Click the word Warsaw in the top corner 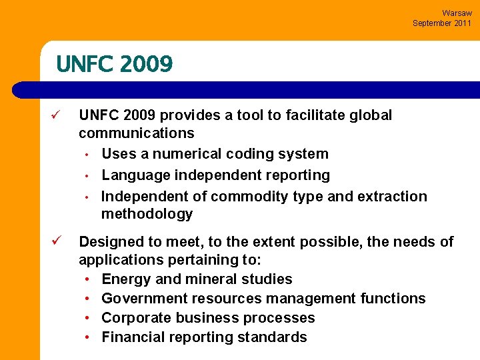point(457,13)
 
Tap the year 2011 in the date point(461,23)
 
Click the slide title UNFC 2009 point(115,64)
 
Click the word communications point(137,133)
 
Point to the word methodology point(147,214)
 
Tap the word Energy point(124,279)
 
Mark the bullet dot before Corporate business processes point(89,318)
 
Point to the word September point(433,23)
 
